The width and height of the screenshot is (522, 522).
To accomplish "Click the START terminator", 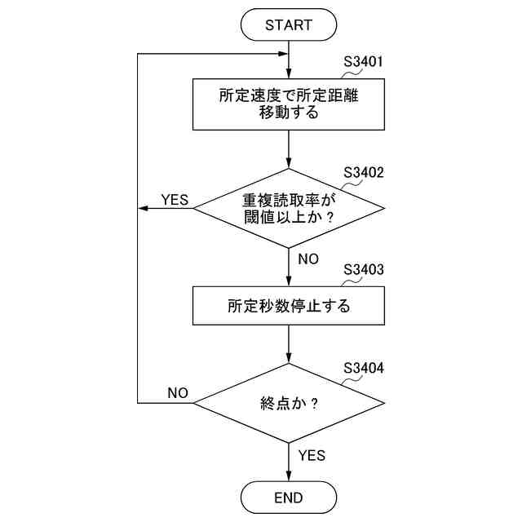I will (289, 25).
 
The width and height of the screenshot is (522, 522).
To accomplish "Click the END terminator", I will (289, 497).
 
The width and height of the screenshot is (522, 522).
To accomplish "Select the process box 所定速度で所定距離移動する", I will (289, 104).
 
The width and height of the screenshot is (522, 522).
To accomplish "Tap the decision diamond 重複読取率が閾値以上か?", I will (289, 209).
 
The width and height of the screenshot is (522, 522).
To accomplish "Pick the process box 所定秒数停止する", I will (289, 307).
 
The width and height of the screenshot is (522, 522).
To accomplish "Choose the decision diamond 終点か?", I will (289, 403).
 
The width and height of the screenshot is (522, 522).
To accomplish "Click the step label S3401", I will (364, 61).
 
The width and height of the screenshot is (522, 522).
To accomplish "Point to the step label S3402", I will (364, 173).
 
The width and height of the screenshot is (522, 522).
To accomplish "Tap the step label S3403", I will (364, 268).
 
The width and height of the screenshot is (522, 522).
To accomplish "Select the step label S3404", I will (364, 367).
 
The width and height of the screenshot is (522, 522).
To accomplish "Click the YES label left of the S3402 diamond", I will (175, 199).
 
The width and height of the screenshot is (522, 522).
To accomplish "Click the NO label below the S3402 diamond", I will (308, 259).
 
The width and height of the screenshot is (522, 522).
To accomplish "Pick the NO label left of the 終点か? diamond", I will (178, 393).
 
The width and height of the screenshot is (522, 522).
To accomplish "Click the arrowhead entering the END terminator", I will (289, 476).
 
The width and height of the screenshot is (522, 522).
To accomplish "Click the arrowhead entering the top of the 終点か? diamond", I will (289, 359).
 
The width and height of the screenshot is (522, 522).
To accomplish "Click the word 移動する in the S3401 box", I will (289, 113).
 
